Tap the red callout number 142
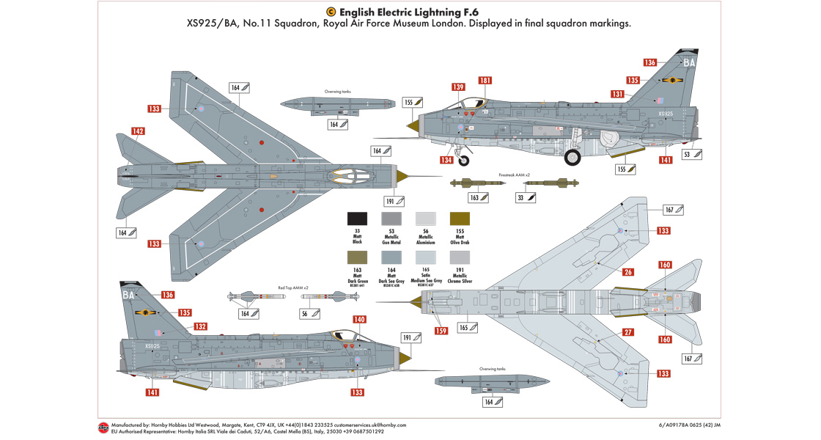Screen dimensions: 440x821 click(138, 132)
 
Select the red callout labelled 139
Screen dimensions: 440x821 click(458, 87)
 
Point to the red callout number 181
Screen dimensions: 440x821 click(485, 80)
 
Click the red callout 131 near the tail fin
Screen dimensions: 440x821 click(617, 94)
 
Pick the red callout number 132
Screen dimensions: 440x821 click(199, 326)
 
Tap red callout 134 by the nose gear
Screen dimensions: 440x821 click(446, 160)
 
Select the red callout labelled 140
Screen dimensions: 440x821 click(359, 319)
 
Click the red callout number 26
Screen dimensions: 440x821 click(628, 272)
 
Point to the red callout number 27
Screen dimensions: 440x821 click(628, 332)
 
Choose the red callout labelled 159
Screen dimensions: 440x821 click(441, 331)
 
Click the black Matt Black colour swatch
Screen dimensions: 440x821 click(357, 218)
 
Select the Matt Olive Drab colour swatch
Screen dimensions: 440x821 click(460, 218)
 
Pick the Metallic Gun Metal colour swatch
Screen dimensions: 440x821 click(391, 218)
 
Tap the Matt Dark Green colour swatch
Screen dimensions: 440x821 click(357, 257)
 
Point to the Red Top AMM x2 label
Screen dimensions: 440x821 click(292, 288)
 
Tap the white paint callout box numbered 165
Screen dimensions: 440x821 click(467, 327)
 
